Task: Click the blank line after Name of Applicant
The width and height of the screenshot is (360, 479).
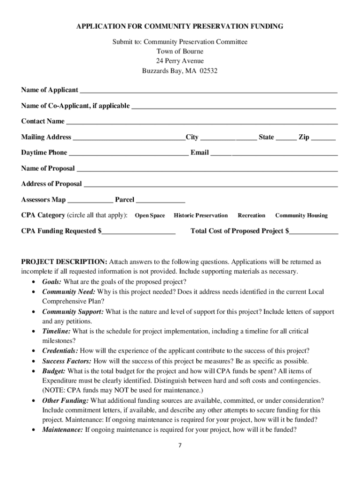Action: pyautogui.click(x=208, y=90)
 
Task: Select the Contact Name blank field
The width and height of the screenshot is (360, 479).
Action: pyautogui.click(x=202, y=122)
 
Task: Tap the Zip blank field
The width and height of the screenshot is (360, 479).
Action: pyautogui.click(x=323, y=138)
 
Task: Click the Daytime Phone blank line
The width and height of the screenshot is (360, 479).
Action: pyautogui.click(x=129, y=153)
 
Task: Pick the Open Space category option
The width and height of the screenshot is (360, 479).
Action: pyautogui.click(x=150, y=216)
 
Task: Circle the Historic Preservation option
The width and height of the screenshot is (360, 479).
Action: pyautogui.click(x=201, y=216)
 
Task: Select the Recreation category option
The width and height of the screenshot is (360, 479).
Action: pyautogui.click(x=251, y=216)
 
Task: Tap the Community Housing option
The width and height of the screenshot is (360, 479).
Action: pyautogui.click(x=301, y=216)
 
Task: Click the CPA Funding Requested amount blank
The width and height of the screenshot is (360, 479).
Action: pyautogui.click(x=138, y=232)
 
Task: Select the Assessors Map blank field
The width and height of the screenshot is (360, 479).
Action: pyautogui.click(x=90, y=200)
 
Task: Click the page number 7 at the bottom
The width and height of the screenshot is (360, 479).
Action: pyautogui.click(x=180, y=445)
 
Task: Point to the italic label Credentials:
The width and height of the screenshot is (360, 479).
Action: pyautogui.click(x=60, y=351)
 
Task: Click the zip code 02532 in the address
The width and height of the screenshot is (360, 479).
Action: pyautogui.click(x=209, y=72)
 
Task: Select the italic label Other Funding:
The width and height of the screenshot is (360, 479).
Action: pyautogui.click(x=65, y=400)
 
